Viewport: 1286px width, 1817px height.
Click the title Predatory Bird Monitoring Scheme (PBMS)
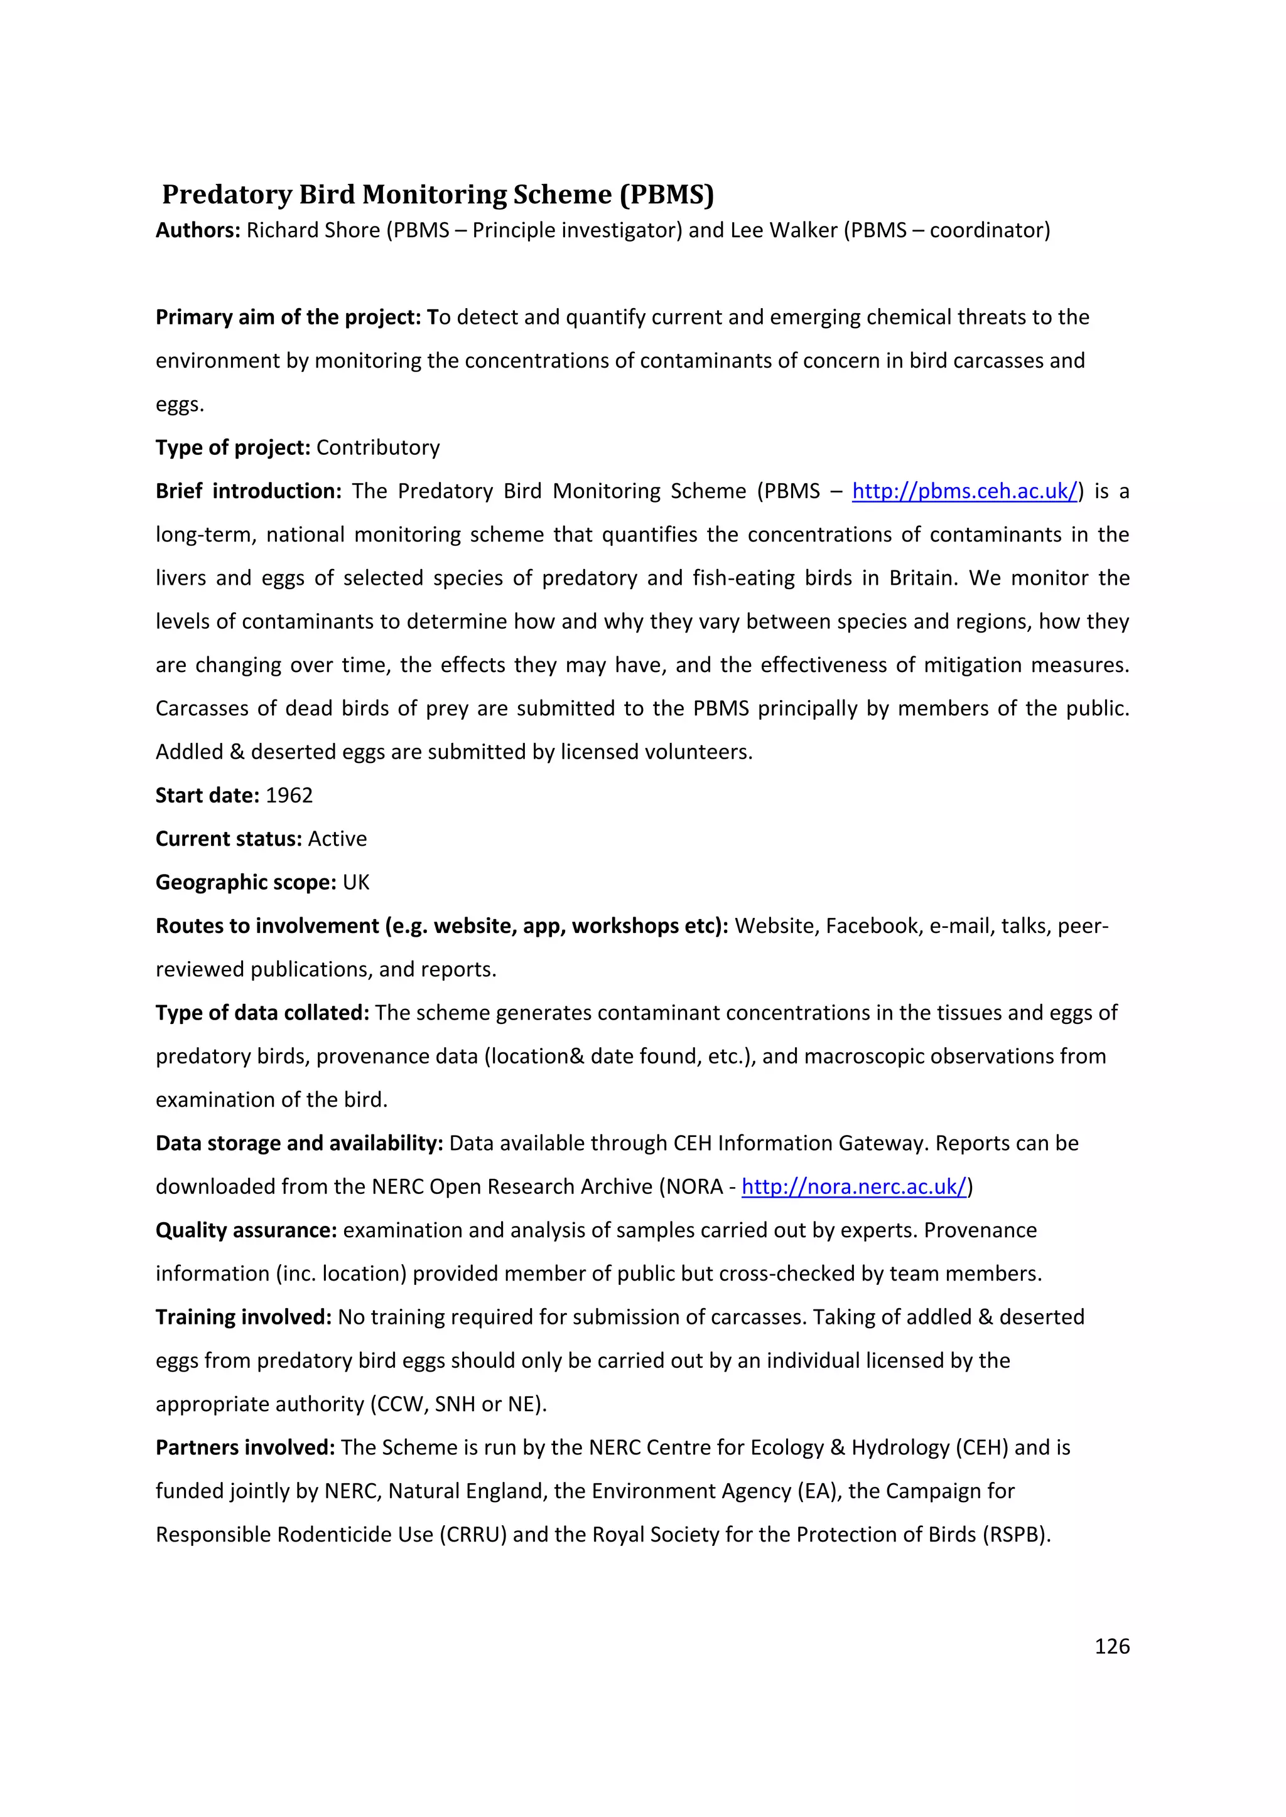click(438, 194)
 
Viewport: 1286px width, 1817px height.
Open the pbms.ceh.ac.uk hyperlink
click(964, 491)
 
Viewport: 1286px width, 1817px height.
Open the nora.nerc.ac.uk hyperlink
click(853, 1187)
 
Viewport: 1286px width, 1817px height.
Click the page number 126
click(1112, 1646)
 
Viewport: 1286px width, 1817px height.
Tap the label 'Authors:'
click(198, 230)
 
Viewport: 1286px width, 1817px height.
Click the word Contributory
click(378, 448)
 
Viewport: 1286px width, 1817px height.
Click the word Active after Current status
click(337, 839)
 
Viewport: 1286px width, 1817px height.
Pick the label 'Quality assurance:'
click(246, 1230)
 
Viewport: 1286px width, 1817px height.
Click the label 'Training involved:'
click(243, 1318)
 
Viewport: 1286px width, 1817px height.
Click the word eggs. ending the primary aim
click(180, 405)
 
